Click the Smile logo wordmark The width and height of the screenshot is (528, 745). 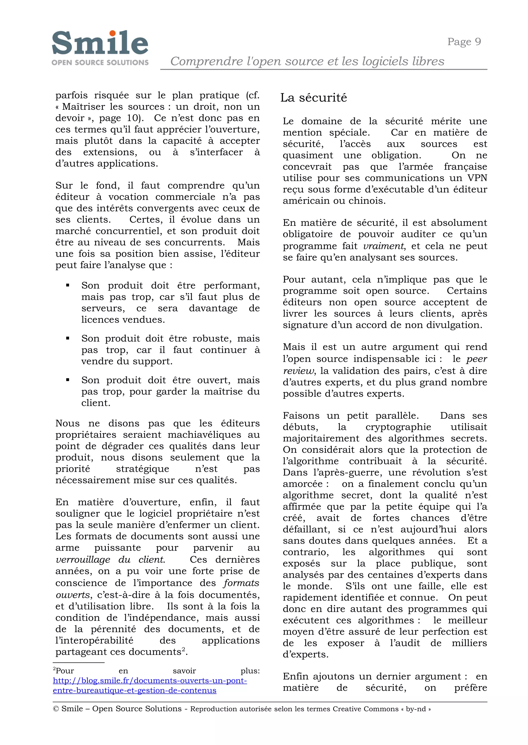(x=100, y=43)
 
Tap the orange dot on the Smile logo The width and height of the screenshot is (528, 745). (x=112, y=33)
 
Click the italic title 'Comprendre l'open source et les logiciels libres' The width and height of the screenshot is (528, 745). (x=307, y=61)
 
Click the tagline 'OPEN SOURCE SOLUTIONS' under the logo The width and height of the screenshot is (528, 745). (x=100, y=62)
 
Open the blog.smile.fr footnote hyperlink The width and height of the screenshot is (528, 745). (x=150, y=680)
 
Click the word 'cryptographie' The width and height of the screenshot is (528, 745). (x=398, y=427)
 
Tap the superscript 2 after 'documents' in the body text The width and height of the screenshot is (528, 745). (x=183, y=649)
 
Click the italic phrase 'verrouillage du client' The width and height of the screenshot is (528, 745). (x=110, y=560)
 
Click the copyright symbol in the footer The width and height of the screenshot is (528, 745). (x=56, y=709)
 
